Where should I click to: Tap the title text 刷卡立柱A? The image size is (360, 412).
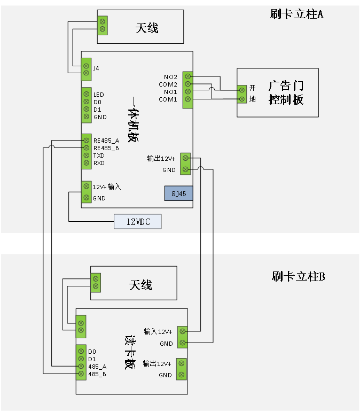297,14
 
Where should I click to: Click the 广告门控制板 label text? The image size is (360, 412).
286,92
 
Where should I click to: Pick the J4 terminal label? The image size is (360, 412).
96,68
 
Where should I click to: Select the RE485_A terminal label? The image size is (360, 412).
106,140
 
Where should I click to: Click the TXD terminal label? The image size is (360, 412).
99,156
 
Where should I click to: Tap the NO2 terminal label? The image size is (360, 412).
170,76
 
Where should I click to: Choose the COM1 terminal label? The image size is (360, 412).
168,99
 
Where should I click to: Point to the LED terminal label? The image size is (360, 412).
99,94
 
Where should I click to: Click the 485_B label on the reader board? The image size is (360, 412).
97,374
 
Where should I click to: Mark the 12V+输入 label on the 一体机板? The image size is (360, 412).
107,187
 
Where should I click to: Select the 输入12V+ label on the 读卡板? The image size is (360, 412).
158,331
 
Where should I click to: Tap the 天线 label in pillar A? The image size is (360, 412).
147,27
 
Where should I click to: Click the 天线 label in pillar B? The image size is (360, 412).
140,285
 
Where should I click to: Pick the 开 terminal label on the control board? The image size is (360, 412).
253,88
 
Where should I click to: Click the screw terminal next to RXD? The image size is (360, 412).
86,163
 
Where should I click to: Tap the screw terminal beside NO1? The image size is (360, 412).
187,92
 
